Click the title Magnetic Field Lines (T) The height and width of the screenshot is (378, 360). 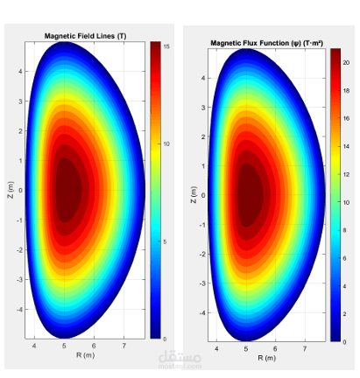[x=85, y=36]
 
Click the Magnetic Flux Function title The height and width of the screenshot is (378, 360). [x=266, y=43]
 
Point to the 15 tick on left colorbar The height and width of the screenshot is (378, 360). [x=166, y=46]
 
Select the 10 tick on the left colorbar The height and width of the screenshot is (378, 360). [x=166, y=143]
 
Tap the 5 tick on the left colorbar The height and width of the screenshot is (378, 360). [x=165, y=241]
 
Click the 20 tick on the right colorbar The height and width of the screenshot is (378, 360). [x=346, y=63]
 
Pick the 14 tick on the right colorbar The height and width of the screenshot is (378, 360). [x=346, y=146]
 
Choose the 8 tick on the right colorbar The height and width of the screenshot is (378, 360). [x=344, y=230]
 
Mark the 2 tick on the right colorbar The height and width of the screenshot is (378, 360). [x=344, y=314]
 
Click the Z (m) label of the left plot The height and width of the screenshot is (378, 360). [x=11, y=190]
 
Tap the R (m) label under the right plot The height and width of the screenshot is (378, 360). [x=267, y=358]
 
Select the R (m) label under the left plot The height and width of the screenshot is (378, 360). [x=85, y=355]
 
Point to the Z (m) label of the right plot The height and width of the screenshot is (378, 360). [x=194, y=195]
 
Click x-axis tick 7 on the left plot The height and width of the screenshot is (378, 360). [x=124, y=346]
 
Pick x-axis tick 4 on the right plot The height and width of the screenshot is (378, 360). [x=216, y=349]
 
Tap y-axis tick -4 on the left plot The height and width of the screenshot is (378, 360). [x=19, y=310]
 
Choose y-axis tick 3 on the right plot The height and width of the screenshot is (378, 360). [x=203, y=108]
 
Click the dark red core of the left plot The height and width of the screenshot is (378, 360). [x=68, y=190]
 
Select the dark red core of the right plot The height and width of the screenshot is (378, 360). [x=251, y=195]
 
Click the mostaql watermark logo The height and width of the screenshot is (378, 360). [x=180, y=360]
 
